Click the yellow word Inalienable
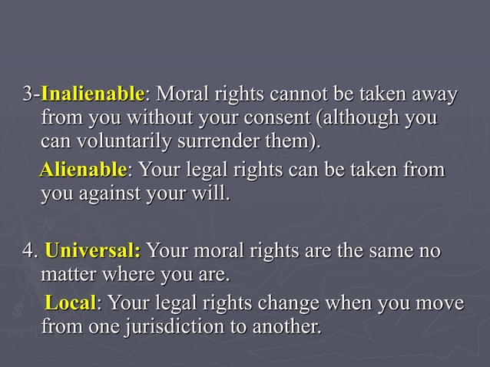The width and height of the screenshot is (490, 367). (x=92, y=97)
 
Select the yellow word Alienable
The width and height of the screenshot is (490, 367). (x=83, y=169)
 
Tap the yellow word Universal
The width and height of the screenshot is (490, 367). (x=93, y=252)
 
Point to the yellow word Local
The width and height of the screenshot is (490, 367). (x=71, y=303)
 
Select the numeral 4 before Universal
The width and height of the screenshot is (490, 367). (x=29, y=252)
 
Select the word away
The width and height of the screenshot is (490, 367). (x=434, y=97)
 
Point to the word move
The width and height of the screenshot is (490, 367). (x=439, y=304)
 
